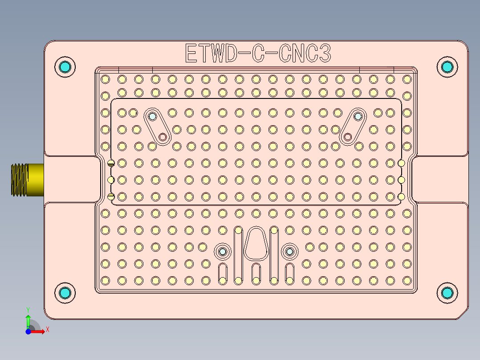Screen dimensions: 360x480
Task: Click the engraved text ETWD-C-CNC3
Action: [x=257, y=53]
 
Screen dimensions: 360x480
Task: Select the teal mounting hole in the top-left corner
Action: [x=65, y=67]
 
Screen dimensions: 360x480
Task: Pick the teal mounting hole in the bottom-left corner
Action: [x=65, y=293]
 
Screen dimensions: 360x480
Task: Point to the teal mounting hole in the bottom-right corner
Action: [x=447, y=293]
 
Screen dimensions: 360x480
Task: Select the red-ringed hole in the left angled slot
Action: [x=163, y=137]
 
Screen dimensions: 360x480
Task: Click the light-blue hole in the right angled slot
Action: [x=358, y=117]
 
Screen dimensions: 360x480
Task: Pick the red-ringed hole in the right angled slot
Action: [x=348, y=136]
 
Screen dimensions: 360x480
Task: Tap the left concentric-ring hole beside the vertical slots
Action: [x=222, y=252]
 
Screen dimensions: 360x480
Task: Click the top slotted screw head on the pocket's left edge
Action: [x=111, y=163]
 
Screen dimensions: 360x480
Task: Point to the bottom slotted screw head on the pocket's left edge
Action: [x=111, y=196]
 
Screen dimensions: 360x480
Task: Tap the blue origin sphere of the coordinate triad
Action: [x=28, y=331]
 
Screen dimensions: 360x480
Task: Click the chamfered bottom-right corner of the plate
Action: [x=464, y=315]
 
